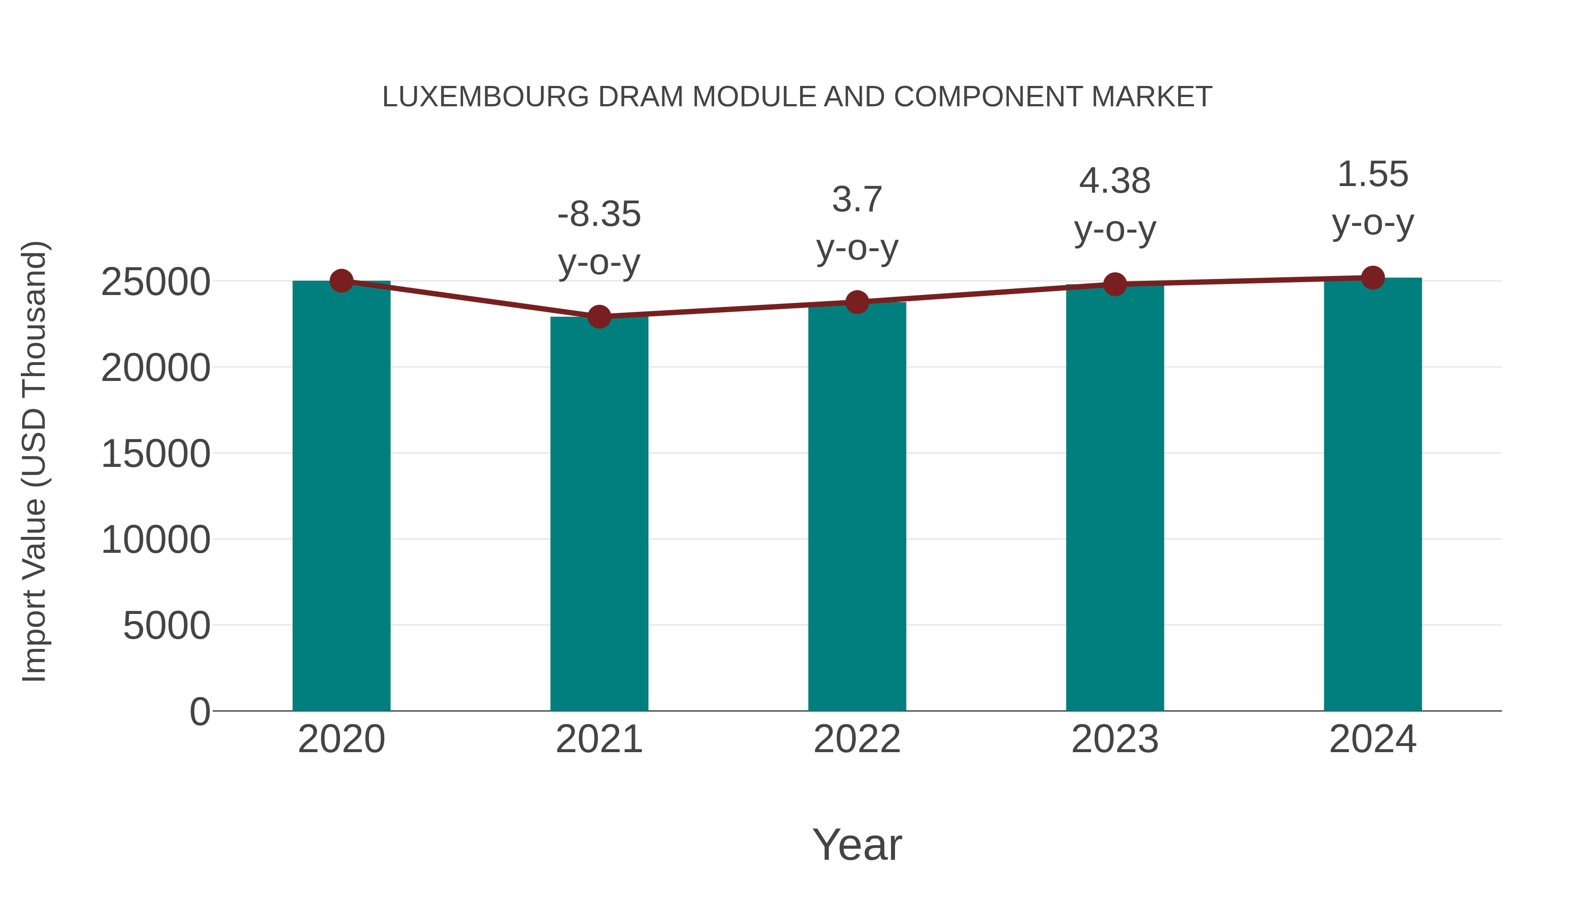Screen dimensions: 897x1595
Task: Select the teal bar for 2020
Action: click(341, 495)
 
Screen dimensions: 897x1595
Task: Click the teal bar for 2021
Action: click(599, 514)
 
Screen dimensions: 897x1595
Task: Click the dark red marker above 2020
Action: click(341, 281)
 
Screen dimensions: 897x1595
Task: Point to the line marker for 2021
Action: click(599, 317)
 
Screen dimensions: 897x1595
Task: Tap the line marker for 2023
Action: click(1115, 284)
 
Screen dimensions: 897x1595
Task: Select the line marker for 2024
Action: click(1373, 278)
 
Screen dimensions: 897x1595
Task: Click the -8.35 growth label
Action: click(599, 215)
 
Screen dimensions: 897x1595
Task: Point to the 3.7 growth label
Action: click(857, 199)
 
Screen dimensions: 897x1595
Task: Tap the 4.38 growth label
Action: click(1115, 181)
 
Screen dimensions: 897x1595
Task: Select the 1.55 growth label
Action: click(1373, 175)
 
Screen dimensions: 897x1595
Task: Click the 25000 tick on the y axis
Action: click(156, 282)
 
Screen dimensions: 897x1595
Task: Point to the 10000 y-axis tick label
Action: click(156, 540)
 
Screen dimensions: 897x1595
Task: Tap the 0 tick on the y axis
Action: click(199, 711)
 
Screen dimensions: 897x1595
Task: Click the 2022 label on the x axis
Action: click(857, 739)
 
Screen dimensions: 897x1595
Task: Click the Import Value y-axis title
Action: click(35, 461)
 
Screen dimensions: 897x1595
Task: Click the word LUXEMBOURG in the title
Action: click(486, 97)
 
